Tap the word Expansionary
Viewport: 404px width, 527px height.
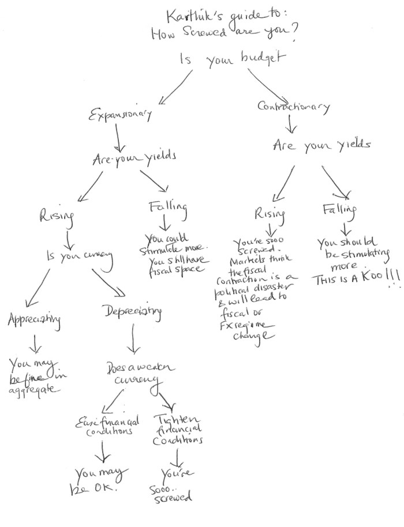[x=120, y=115]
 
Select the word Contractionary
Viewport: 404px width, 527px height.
[x=294, y=107]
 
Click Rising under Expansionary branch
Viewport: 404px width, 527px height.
[x=57, y=216]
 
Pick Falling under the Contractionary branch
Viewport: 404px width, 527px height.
[x=340, y=210]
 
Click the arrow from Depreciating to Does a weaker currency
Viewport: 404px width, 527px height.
[x=134, y=340]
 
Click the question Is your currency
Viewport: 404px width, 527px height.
[x=78, y=257]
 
